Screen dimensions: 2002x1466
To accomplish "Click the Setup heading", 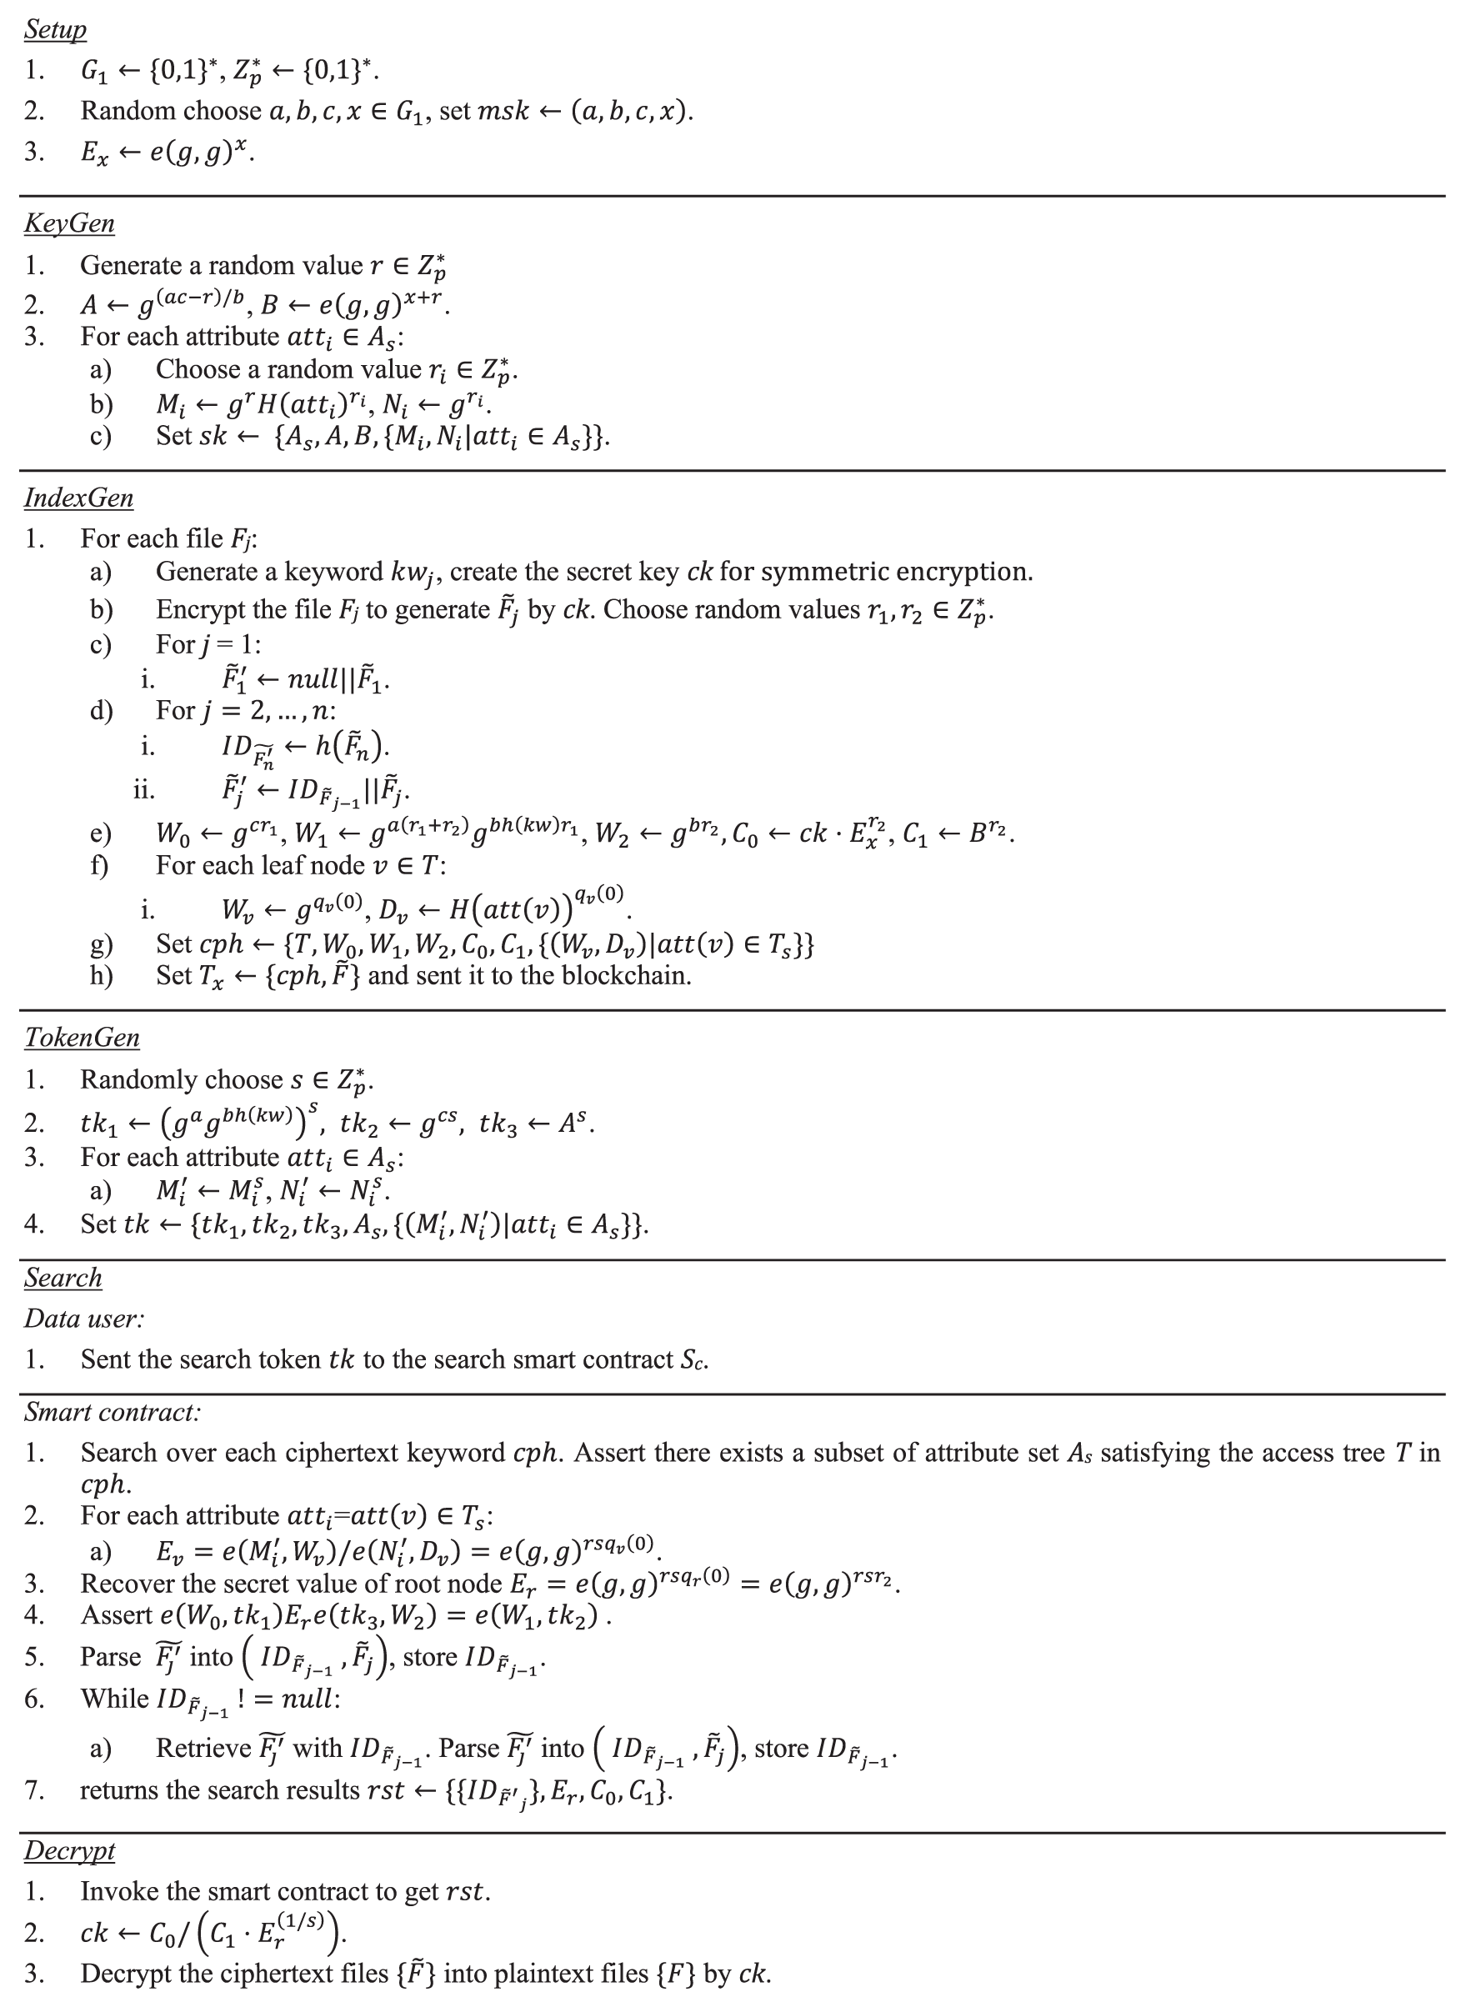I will coord(55,29).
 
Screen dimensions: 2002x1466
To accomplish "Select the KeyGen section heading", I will coord(69,223).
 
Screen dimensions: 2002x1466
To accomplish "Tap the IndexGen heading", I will coord(79,498).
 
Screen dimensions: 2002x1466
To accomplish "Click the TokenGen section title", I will coord(82,1038).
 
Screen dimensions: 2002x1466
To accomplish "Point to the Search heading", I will coord(63,1278).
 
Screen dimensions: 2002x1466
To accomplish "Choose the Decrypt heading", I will coord(69,1851).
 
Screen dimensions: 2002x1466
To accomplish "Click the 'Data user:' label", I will coord(84,1319).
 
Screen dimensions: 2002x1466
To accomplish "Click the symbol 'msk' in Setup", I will coord(503,111).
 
